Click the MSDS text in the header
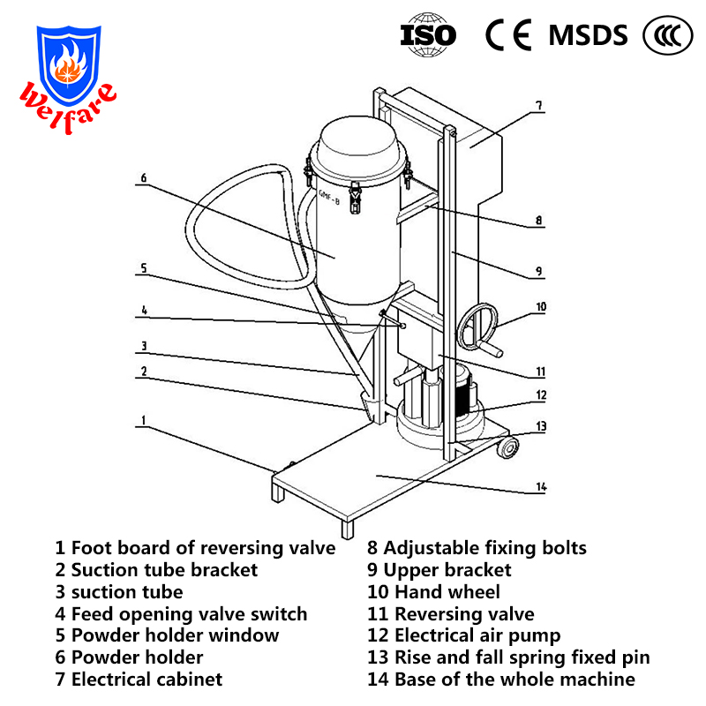click(588, 35)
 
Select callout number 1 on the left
click(141, 421)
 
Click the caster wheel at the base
click(507, 448)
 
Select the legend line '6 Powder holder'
click(129, 657)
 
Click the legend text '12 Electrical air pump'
click(463, 635)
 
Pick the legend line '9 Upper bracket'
click(439, 570)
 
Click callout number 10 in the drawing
click(541, 307)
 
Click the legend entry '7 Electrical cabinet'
click(139, 680)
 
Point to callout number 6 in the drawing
click(142, 177)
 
